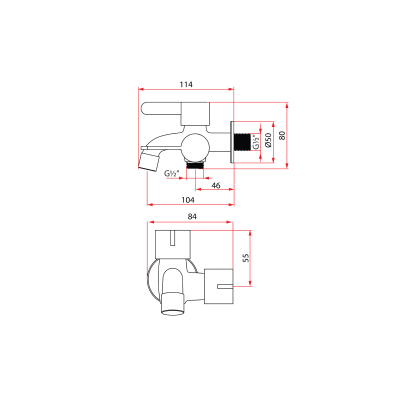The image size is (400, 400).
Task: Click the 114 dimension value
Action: tap(185, 84)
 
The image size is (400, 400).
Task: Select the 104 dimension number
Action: tap(188, 199)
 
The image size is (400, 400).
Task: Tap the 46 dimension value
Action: tap(216, 185)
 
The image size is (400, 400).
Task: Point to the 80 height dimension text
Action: tap(281, 135)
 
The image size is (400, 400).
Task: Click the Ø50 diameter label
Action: tap(268, 140)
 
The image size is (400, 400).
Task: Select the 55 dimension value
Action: tap(245, 258)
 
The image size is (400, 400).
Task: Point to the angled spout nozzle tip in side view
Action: tap(148, 162)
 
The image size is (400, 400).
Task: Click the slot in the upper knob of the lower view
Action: tap(172, 238)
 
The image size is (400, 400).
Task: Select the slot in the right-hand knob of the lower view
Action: tap(224, 286)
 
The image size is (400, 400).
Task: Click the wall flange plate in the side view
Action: tap(232, 142)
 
